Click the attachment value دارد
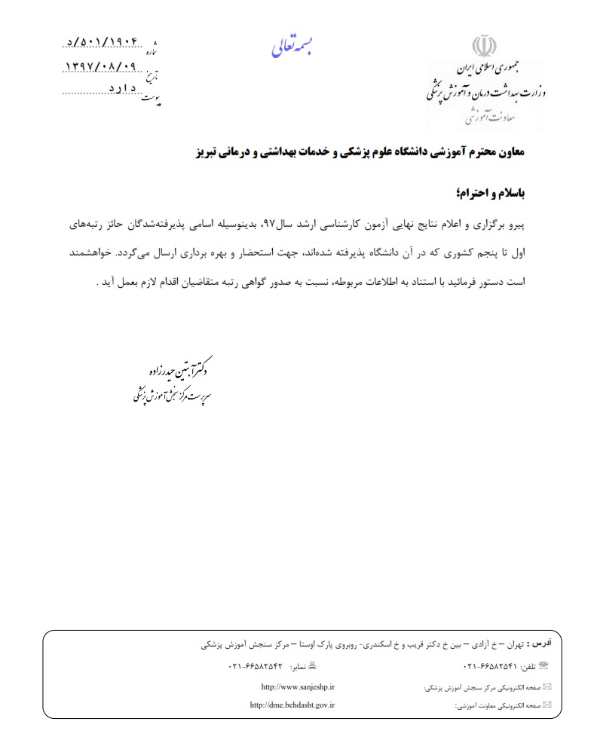click(121, 90)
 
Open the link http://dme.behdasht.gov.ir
click(292, 705)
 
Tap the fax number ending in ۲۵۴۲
click(254, 667)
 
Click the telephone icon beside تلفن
click(544, 666)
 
